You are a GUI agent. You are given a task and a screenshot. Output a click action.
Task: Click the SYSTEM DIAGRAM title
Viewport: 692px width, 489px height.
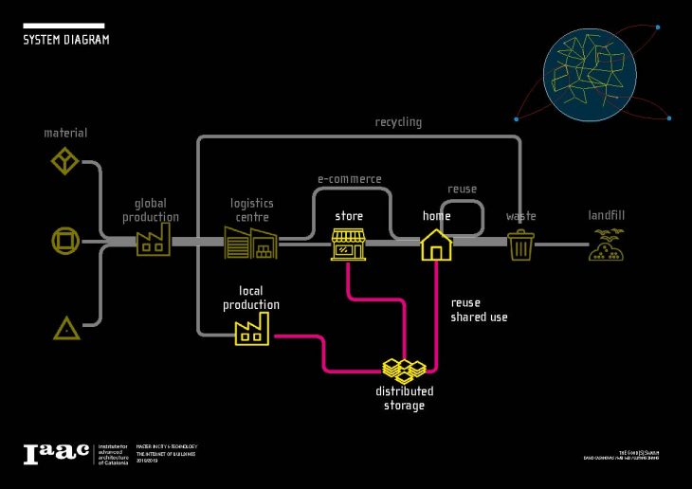65,40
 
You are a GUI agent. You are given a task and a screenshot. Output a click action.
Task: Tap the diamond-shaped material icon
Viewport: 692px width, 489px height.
64,160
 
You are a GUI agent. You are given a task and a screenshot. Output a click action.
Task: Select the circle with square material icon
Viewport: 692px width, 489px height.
64,242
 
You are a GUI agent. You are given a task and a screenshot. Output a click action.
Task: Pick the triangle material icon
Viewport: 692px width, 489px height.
65,329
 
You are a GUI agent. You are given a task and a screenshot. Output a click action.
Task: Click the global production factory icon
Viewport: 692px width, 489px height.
154,243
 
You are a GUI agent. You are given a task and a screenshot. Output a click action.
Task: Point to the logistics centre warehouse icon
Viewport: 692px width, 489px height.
251,243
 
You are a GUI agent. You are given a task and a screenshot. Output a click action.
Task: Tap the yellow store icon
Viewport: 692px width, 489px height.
348,244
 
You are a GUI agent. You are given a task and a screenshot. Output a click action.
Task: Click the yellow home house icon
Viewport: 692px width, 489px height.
436,244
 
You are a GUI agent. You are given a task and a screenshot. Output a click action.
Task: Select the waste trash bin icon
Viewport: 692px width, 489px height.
520,245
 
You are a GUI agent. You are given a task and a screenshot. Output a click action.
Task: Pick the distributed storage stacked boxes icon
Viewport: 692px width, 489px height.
404,369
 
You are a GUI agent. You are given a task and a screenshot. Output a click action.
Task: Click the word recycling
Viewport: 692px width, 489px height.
398,122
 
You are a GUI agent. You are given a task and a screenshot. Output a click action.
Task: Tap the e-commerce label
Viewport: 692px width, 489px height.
349,179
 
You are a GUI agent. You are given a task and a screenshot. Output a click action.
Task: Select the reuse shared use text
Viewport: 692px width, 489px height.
478,310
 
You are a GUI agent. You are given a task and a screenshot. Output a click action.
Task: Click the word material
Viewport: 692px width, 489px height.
65,133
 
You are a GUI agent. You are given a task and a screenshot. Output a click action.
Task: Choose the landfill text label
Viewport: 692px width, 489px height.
606,216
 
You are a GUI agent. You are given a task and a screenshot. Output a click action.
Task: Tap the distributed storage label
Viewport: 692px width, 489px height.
404,398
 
